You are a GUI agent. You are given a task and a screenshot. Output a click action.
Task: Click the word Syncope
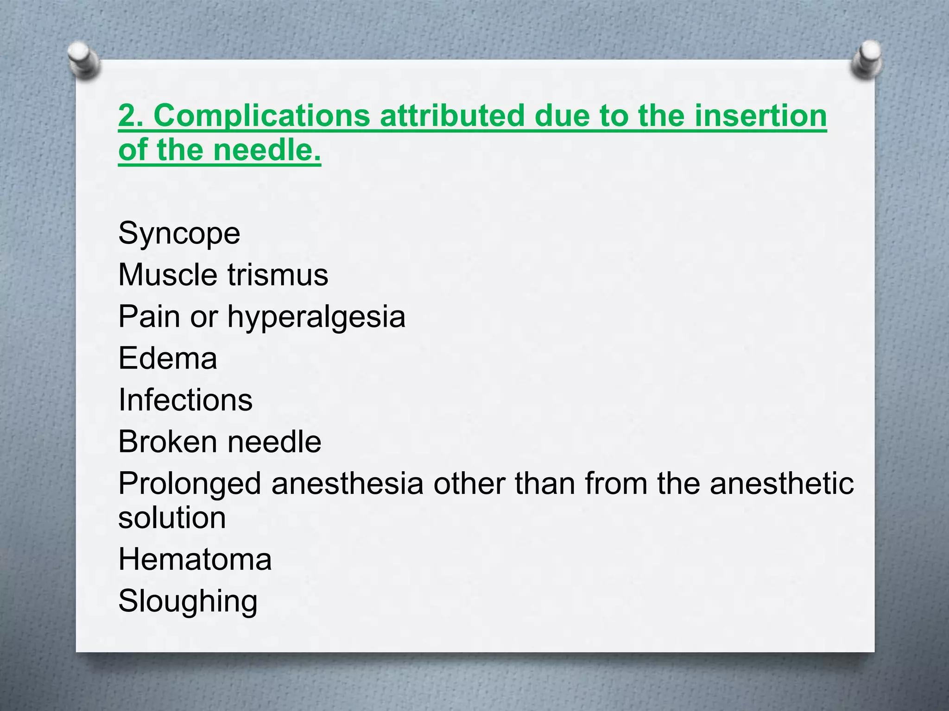coord(179,234)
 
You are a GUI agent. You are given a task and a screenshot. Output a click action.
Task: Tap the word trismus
coord(278,275)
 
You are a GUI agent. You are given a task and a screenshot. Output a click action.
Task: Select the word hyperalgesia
coord(316,318)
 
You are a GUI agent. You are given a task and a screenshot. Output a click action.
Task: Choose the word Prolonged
coord(190,484)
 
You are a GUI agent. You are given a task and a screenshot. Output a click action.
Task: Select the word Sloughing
coord(188,602)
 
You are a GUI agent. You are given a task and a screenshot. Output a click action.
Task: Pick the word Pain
coord(149,317)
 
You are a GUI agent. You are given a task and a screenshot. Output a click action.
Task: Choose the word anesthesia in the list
coord(347,484)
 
